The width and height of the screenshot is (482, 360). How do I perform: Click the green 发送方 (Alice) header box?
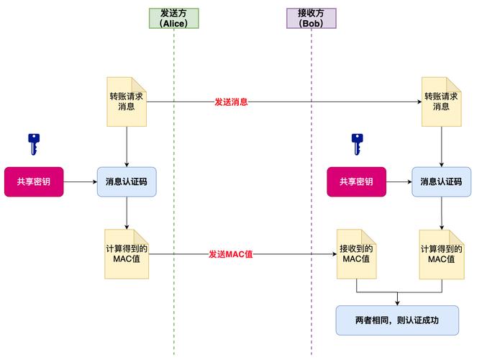point(173,18)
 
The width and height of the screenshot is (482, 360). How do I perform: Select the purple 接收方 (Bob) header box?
point(312,18)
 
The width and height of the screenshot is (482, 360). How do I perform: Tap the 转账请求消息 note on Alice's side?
point(127,102)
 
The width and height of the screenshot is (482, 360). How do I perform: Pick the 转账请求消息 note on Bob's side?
point(441,102)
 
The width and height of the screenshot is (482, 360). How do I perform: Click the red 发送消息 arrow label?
point(231,102)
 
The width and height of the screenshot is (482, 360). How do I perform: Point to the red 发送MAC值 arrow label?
point(231,254)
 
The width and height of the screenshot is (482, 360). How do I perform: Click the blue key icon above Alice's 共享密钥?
point(33,144)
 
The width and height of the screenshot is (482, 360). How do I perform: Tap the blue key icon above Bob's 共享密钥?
point(355,144)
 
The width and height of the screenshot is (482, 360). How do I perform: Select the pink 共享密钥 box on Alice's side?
point(33,181)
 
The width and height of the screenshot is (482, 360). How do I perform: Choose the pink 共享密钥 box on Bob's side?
point(356,181)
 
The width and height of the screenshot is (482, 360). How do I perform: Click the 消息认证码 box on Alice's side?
point(127,181)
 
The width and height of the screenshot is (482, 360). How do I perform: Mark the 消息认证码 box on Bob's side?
point(441,181)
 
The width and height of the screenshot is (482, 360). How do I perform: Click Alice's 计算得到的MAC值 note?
point(127,254)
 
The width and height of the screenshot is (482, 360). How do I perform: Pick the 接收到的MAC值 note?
point(356,254)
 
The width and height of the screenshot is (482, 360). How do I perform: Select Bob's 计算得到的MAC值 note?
point(441,254)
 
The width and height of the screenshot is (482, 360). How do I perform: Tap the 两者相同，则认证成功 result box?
point(396,320)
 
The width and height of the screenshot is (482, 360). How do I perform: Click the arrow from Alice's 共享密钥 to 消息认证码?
point(80,181)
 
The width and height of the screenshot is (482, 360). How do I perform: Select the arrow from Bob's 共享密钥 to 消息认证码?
point(399,181)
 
